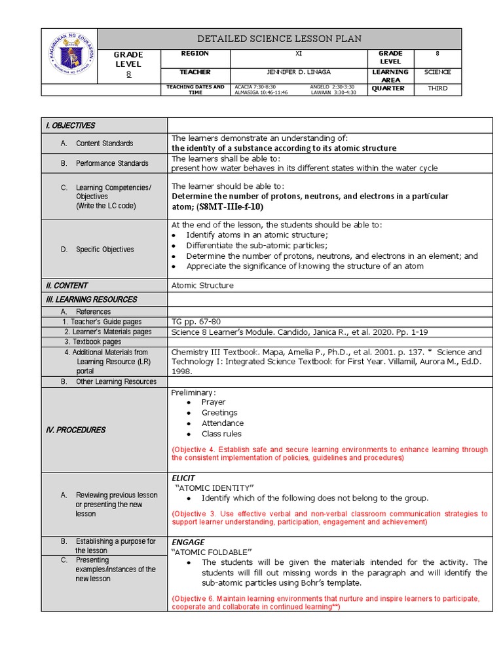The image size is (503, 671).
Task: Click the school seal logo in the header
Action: [69, 56]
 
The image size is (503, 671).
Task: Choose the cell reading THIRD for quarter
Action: [438, 88]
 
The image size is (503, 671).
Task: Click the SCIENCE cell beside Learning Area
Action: [438, 72]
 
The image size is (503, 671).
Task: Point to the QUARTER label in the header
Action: [388, 88]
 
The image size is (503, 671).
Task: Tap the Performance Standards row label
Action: [112, 163]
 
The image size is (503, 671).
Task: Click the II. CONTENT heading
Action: [66, 286]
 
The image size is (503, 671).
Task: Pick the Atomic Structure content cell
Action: [202, 286]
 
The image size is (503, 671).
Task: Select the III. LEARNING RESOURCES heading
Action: [91, 299]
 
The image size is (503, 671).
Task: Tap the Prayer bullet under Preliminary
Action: [213, 402]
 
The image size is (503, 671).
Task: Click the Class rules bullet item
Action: [221, 434]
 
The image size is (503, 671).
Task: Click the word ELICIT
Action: [183, 478]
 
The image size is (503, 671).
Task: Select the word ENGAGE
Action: [188, 543]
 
